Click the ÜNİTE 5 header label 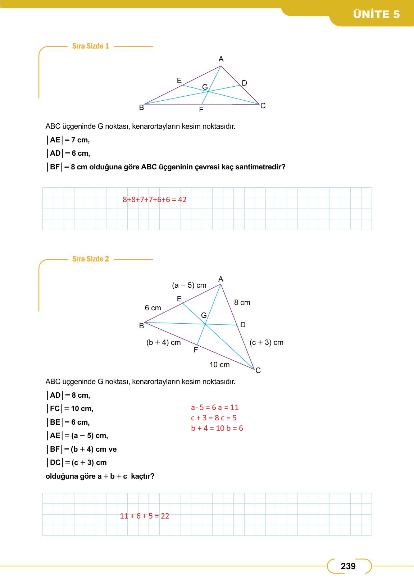pos(376,14)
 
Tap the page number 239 pos(348,566)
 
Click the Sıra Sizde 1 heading pos(91,46)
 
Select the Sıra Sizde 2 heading pos(91,259)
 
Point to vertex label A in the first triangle pos(221,59)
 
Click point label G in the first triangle pos(205,87)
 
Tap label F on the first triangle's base pos(201,110)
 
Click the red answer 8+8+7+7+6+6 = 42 pos(155,200)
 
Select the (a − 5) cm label pos(189,286)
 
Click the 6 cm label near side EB pos(153,308)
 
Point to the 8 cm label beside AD pos(242,303)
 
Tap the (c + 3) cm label pos(267,343)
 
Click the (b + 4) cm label pos(164,343)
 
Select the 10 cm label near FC pos(219,365)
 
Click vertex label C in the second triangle pos(258,370)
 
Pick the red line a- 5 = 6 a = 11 pos(215,407)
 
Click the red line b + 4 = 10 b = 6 pos(217,428)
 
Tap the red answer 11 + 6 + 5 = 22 pos(145,516)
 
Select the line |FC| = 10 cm pos(70,409)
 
